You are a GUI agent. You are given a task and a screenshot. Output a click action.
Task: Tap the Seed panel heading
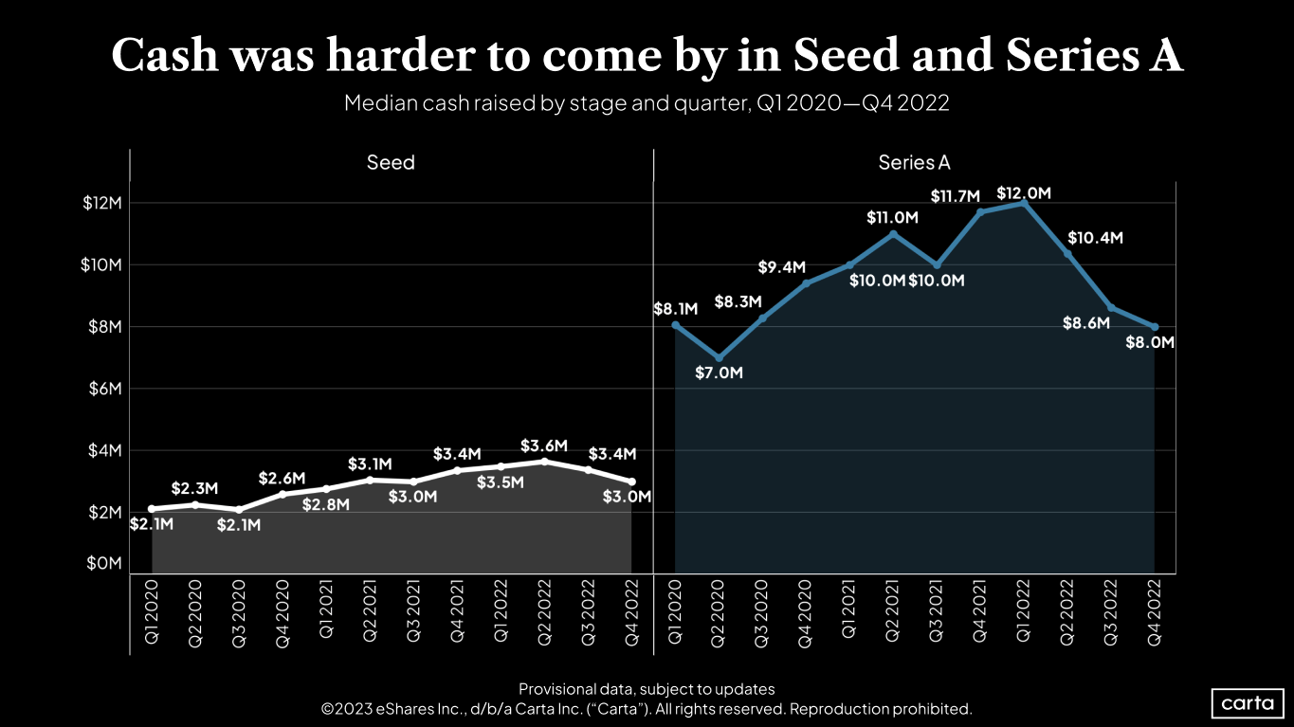pyautogui.click(x=391, y=163)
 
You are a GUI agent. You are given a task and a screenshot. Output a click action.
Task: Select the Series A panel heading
pyautogui.click(x=914, y=163)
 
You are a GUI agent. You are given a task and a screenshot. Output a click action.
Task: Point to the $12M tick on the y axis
pyautogui.click(x=102, y=203)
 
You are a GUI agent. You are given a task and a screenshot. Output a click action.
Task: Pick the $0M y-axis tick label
pyautogui.click(x=104, y=563)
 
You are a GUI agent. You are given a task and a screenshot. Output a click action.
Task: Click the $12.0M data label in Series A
pyautogui.click(x=1024, y=193)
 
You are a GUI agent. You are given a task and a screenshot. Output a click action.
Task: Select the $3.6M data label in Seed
pyautogui.click(x=544, y=445)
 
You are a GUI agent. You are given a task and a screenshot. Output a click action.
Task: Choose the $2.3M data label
pyautogui.click(x=195, y=489)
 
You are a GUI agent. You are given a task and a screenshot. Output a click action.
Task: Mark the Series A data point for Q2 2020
pyautogui.click(x=719, y=358)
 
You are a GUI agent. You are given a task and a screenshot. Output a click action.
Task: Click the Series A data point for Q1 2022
pyautogui.click(x=1024, y=203)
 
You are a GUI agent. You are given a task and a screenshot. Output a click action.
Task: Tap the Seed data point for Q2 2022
pyautogui.click(x=544, y=461)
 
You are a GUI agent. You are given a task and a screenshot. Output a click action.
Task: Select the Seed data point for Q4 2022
pyautogui.click(x=631, y=482)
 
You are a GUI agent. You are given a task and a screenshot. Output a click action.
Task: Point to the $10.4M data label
pyautogui.click(x=1095, y=238)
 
